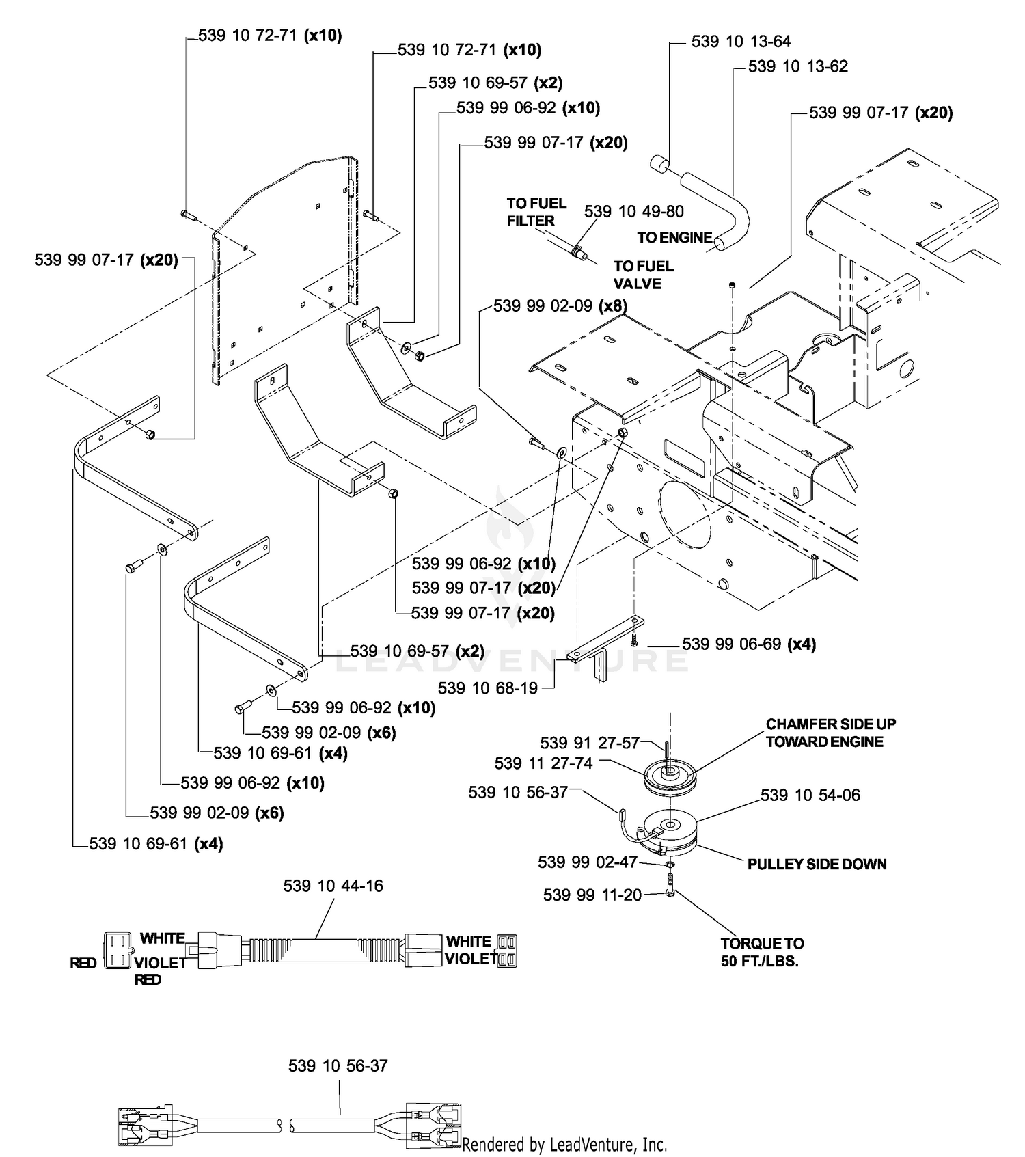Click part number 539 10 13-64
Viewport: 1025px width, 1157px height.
pyautogui.click(x=741, y=42)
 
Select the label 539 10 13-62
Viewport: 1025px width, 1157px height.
pyautogui.click(x=798, y=66)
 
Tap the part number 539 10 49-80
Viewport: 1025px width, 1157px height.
pyautogui.click(x=634, y=211)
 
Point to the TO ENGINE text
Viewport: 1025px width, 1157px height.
pyautogui.click(x=675, y=237)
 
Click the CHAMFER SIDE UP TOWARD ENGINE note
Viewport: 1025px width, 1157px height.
pyautogui.click(x=830, y=733)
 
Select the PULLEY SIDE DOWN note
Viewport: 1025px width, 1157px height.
pyautogui.click(x=817, y=864)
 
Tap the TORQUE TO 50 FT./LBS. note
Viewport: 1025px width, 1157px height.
pyautogui.click(x=762, y=952)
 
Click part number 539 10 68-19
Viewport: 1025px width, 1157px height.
pyautogui.click(x=488, y=688)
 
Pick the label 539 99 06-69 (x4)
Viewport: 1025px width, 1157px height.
pyautogui.click(x=749, y=644)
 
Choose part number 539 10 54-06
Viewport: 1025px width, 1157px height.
pyautogui.click(x=810, y=795)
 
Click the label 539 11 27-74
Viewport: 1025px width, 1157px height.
pyautogui.click(x=543, y=763)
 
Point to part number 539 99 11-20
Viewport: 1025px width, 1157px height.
pyautogui.click(x=592, y=895)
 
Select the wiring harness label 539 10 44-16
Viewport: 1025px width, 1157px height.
pyautogui.click(x=333, y=886)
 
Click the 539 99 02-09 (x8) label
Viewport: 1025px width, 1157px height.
pyautogui.click(x=560, y=305)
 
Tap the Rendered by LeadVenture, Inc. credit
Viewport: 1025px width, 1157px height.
pyautogui.click(x=564, y=1144)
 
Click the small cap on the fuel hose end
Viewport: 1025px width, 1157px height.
pyautogui.click(x=659, y=165)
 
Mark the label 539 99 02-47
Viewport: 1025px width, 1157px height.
pyautogui.click(x=588, y=862)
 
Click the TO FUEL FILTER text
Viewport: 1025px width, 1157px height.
pyautogui.click(x=536, y=212)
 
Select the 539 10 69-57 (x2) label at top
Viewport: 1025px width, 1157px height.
pyautogui.click(x=495, y=83)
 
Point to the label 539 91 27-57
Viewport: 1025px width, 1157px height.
pyautogui.click(x=590, y=742)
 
